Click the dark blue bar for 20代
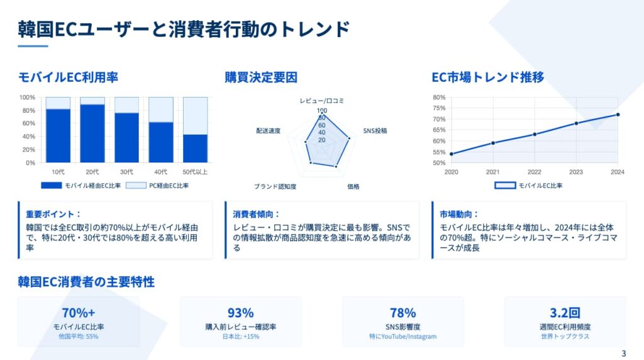pos(92,133)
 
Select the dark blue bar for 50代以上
pos(195,149)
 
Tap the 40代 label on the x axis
pos(160,172)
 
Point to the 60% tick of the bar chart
pos(29,123)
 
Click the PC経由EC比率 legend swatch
pos(136,185)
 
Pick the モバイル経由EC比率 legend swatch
pos(52,185)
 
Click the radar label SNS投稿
pos(375,131)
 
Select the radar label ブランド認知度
pos(275,186)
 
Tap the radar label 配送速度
pos(268,131)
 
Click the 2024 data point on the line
pos(618,115)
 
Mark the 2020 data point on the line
pos(452,154)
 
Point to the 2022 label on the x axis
pos(535,172)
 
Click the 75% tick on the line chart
pos(438,108)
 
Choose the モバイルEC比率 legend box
pos(505,185)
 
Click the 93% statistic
pos(241,313)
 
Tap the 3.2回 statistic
pos(565,313)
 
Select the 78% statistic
pos(403,313)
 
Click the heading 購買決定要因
pos(261,77)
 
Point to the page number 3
pos(624,354)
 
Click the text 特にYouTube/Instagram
pos(403,336)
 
